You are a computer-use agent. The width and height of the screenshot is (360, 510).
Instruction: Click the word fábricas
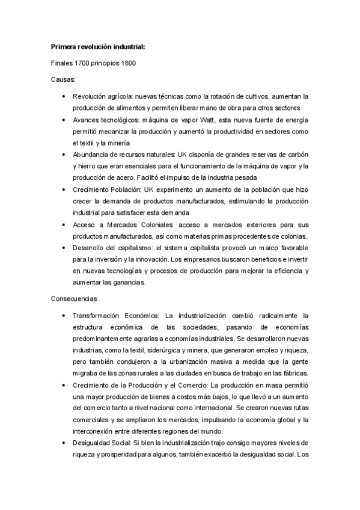click(294, 373)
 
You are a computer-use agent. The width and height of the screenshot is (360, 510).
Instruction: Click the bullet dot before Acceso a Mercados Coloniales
click(64, 224)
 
